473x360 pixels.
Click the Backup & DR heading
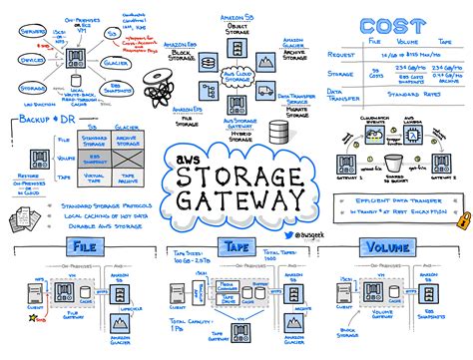click(45, 120)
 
